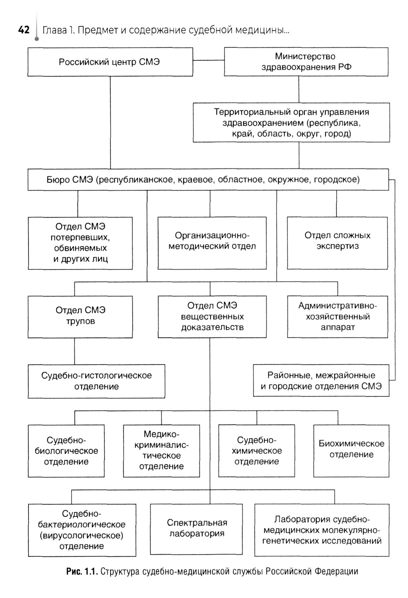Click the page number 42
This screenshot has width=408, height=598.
[24, 30]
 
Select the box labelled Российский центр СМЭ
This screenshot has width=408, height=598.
[110, 62]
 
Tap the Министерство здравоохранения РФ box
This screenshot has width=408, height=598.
[306, 62]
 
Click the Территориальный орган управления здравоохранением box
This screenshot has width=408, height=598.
[291, 122]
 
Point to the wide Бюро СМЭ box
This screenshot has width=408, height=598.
[208, 180]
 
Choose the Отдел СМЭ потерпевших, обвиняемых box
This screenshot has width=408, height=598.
[80, 243]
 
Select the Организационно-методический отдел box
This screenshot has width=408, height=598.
[212, 243]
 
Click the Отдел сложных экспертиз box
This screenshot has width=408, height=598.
[337, 243]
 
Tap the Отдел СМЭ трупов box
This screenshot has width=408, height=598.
[80, 316]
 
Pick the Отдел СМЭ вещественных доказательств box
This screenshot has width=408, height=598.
[212, 316]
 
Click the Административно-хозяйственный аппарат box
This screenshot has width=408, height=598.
[337, 316]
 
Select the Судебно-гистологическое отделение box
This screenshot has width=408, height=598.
[96, 381]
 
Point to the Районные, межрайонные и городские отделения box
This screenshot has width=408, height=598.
[321, 381]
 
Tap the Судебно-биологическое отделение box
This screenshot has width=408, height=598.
[66, 451]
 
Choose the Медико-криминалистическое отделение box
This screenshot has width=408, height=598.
[162, 451]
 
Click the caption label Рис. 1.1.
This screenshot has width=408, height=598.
[82, 571]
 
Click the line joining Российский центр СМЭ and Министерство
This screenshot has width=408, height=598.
[208, 60]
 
